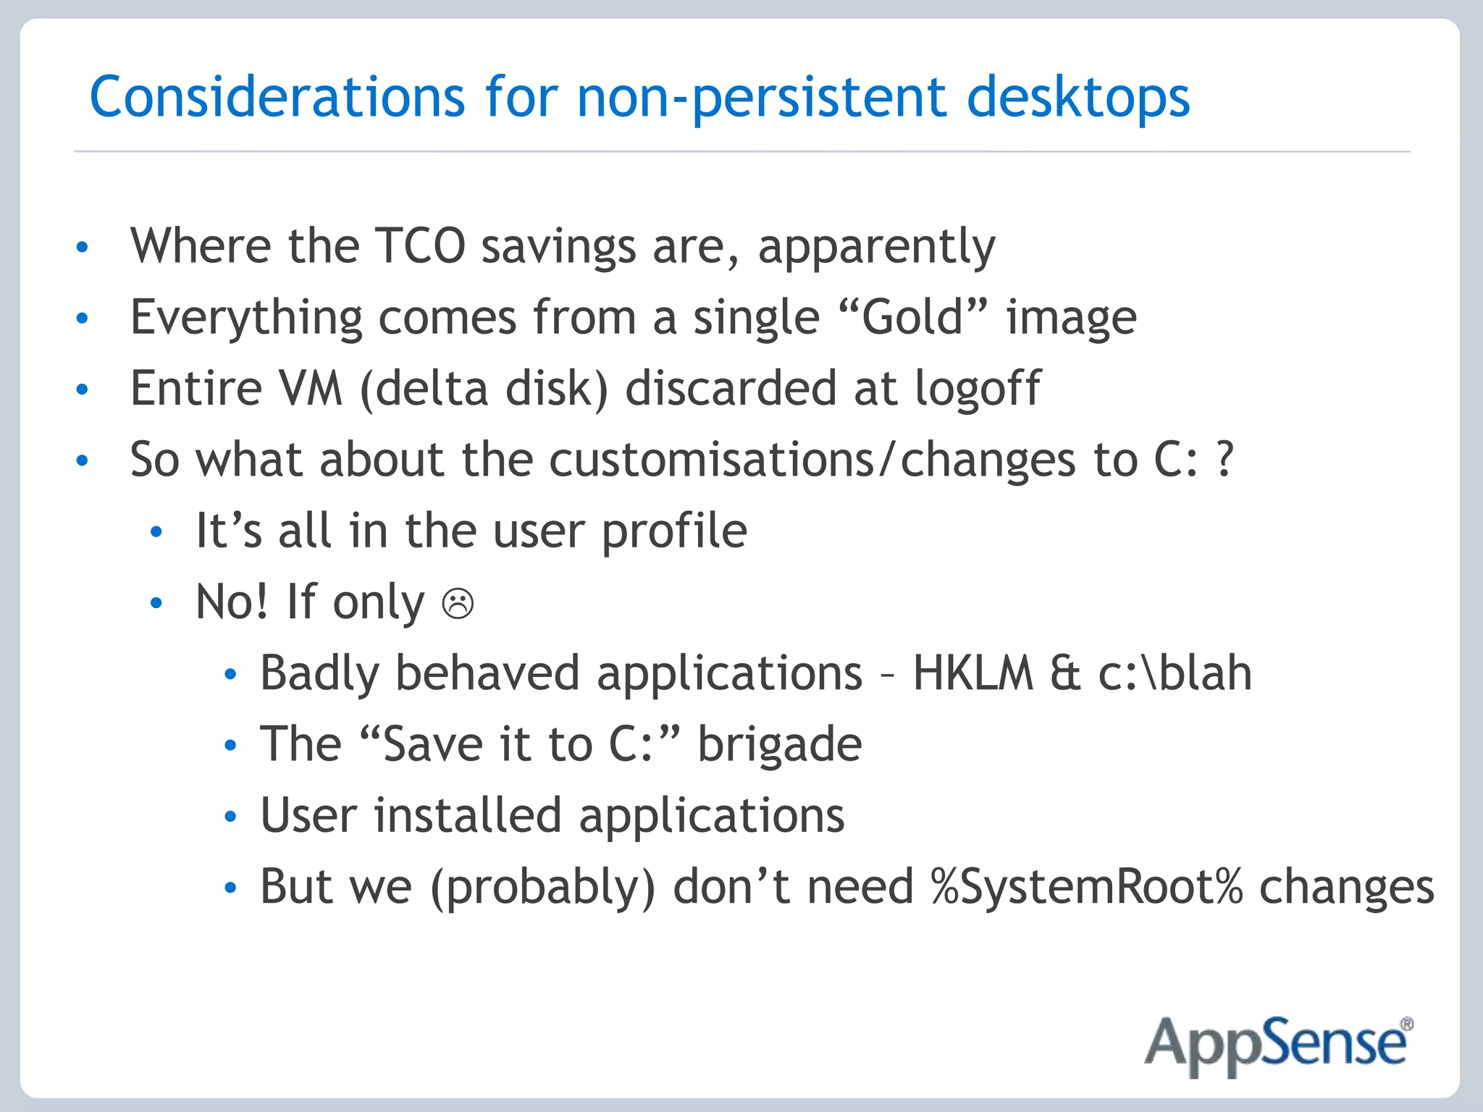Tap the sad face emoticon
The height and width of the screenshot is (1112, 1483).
(x=458, y=603)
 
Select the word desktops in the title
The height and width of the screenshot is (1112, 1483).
(x=1078, y=98)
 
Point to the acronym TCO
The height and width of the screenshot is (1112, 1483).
(x=420, y=245)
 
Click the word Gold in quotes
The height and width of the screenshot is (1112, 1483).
(x=912, y=317)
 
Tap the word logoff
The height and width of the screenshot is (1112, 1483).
(x=977, y=389)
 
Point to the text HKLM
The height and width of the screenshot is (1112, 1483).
(x=972, y=673)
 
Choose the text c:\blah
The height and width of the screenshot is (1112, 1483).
(x=1175, y=673)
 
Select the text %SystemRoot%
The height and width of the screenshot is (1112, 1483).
(x=1086, y=886)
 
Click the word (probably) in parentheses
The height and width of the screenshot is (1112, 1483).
(x=542, y=888)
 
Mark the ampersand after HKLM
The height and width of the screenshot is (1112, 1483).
(x=1065, y=673)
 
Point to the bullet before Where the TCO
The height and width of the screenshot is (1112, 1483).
(x=83, y=247)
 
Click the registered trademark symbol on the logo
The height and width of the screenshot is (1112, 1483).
(x=1406, y=1024)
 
